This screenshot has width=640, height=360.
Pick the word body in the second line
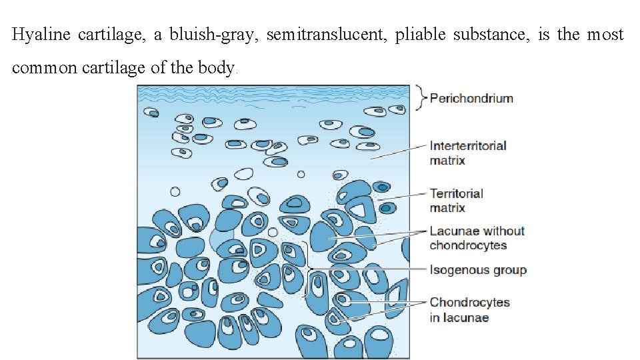[217, 68]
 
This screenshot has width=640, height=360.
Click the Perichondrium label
[471, 99]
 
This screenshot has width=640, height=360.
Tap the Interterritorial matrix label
[467, 153]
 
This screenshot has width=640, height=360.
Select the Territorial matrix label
[457, 201]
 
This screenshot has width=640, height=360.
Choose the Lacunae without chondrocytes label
[477, 238]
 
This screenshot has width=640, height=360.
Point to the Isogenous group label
[478, 270]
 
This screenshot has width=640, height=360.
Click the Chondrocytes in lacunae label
[469, 309]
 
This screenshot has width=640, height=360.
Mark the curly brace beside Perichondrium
[419, 98]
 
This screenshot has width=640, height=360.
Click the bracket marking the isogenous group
[307, 269]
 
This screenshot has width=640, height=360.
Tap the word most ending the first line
[605, 35]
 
